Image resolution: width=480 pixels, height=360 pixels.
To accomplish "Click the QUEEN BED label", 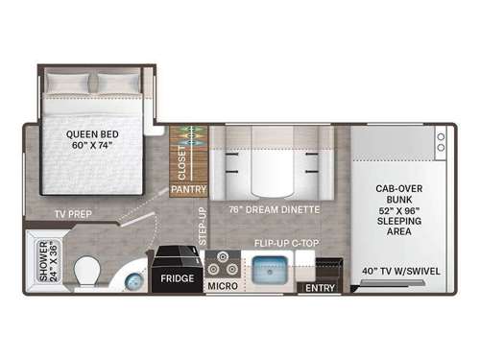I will click(93, 134).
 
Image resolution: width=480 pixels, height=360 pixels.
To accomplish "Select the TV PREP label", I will click(73, 213).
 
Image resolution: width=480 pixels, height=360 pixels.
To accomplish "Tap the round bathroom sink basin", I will click(130, 280).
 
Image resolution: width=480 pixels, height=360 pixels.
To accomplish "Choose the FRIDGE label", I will click(178, 278).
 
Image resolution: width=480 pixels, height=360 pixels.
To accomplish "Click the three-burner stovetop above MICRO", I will click(223, 261).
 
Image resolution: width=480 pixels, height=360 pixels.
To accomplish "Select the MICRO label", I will click(223, 285).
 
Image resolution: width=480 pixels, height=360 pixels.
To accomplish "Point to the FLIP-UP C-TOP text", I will click(285, 243).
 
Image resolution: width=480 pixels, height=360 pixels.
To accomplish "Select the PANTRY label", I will click(188, 190).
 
